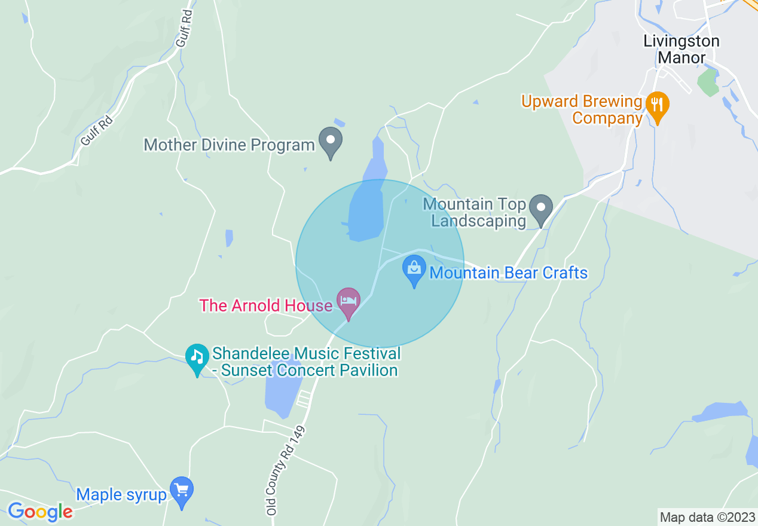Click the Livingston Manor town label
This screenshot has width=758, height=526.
pos(681,50)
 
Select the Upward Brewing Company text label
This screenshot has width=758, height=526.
pos(581,109)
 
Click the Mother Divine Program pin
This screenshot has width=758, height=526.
pos(330,142)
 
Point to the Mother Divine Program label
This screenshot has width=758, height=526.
pos(229,145)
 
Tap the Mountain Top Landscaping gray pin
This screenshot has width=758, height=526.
pos(542,209)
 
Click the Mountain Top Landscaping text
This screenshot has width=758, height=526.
pos(475,212)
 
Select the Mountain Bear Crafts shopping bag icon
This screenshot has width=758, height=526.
pos(414,269)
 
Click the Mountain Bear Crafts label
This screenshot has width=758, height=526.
pos(508,273)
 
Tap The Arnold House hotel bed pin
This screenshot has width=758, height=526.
pos(349,301)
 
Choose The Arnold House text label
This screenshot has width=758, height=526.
pos(265,305)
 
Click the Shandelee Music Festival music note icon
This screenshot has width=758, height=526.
pos(197,358)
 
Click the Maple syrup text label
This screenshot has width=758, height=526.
pos(121,495)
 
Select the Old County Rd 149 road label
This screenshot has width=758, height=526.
pos(286,471)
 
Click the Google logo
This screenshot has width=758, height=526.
pos(40,512)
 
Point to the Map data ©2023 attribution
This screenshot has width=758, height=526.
pos(707,516)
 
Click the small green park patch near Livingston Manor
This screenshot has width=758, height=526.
pos(708,82)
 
